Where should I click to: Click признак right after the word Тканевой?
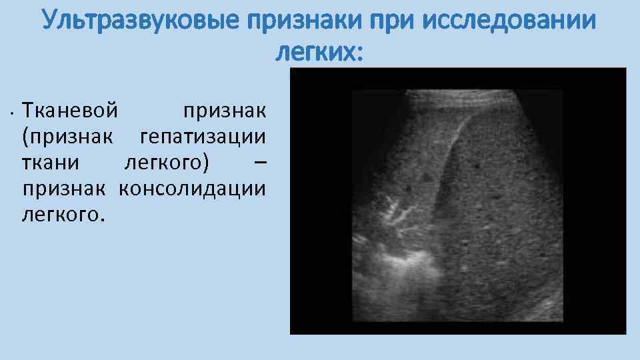pos(224,108)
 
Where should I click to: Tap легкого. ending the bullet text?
pos(63,215)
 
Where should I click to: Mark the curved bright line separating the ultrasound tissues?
pos(447,153)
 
